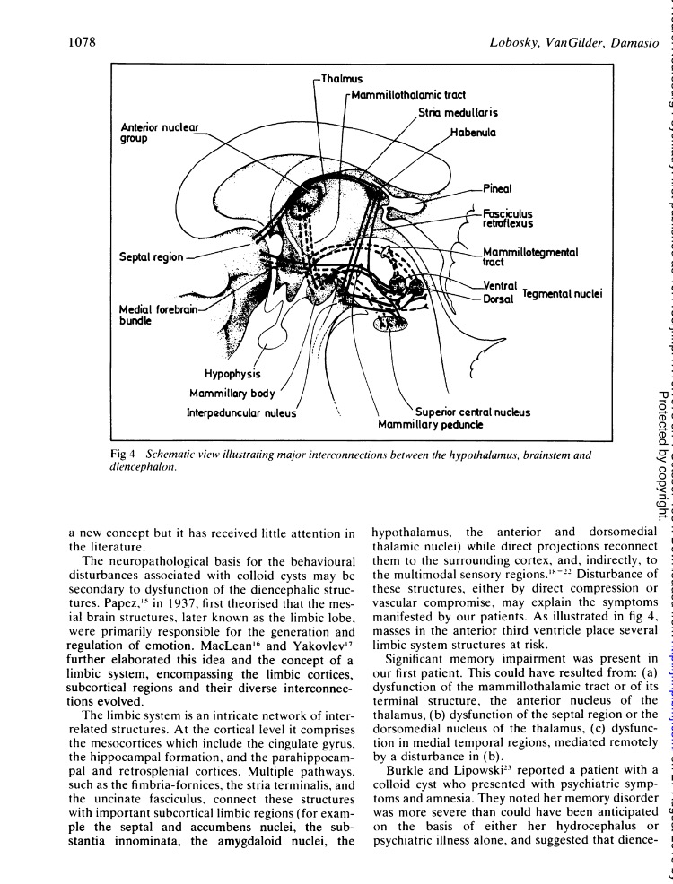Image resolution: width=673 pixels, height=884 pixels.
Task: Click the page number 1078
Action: tap(83, 42)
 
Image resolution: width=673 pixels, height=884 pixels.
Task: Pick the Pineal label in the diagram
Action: tap(498, 189)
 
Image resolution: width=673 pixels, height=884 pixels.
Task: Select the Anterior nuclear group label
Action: tap(161, 132)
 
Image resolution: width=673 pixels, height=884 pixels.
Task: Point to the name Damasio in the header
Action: tap(633, 42)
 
